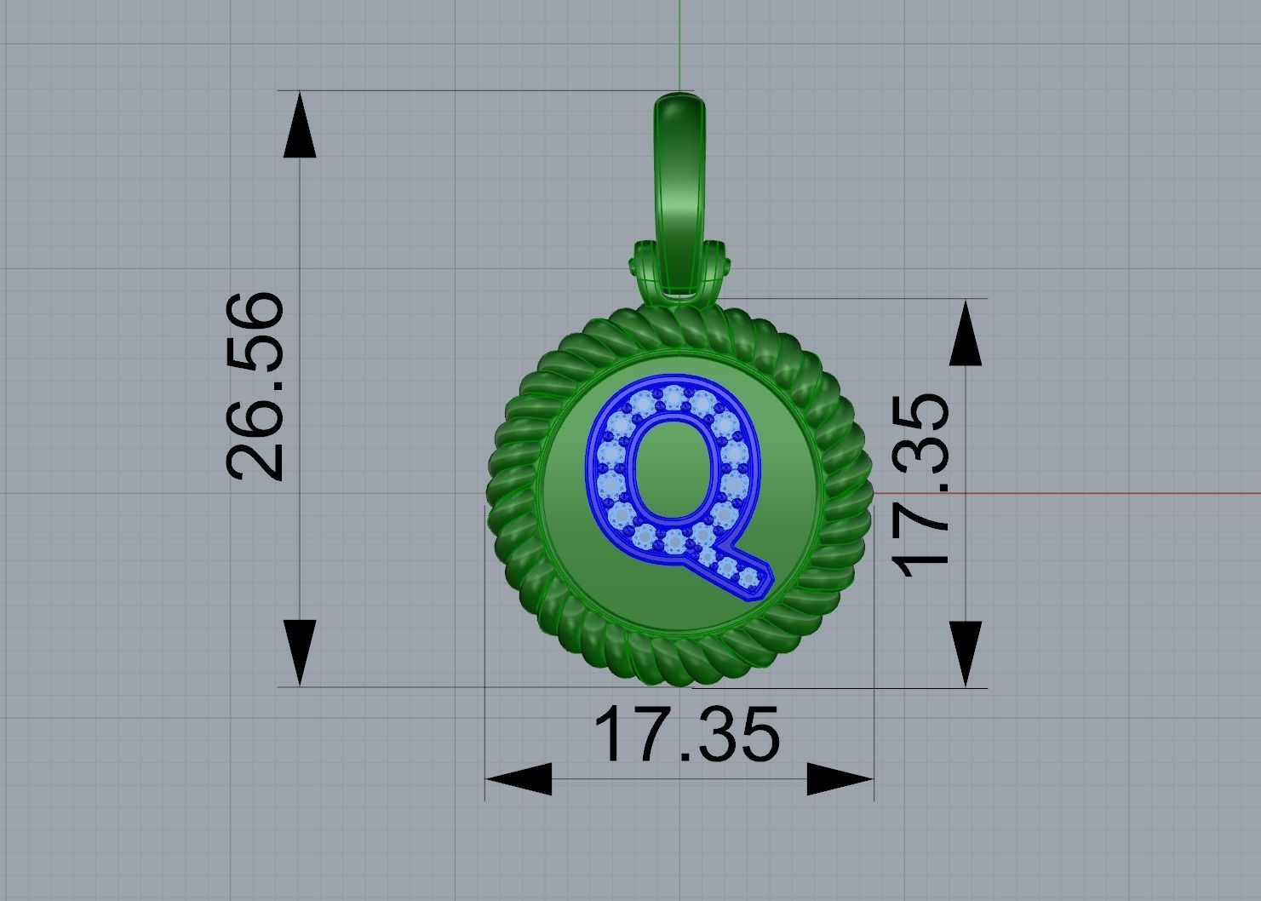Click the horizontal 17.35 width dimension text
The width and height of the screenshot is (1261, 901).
(686, 734)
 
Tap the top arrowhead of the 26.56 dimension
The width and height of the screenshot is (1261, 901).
(299, 128)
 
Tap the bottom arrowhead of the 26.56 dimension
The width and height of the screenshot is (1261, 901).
(299, 651)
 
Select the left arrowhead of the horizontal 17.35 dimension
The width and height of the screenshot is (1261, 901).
(519, 778)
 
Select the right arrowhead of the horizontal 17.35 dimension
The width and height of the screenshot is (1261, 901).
(840, 778)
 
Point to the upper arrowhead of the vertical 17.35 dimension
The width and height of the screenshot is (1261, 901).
(965, 335)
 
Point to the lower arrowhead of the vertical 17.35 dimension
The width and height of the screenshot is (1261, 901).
(965, 652)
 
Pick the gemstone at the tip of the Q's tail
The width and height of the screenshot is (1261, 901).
(749, 580)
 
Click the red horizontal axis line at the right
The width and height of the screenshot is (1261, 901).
(1107, 492)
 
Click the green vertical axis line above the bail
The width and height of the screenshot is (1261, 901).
(679, 43)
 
